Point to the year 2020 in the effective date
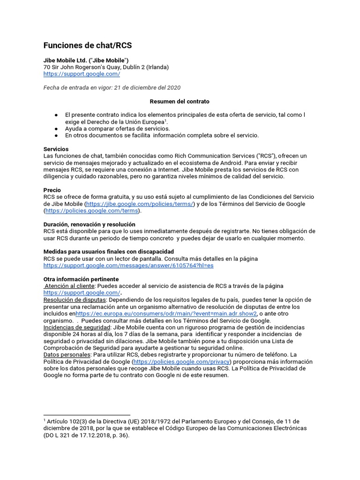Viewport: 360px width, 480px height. (172, 88)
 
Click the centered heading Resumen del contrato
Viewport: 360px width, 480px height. (180, 101)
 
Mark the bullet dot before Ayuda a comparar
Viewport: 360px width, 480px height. (56, 129)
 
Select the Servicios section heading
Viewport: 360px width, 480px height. (56, 149)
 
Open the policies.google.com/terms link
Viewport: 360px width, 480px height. (92, 211)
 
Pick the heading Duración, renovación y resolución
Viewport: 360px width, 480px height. (89, 225)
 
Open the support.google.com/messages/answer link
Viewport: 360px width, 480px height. (128, 265)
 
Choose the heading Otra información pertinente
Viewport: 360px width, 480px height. (81, 279)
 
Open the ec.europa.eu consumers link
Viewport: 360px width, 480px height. (166, 313)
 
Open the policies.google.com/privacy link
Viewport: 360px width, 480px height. (182, 362)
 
